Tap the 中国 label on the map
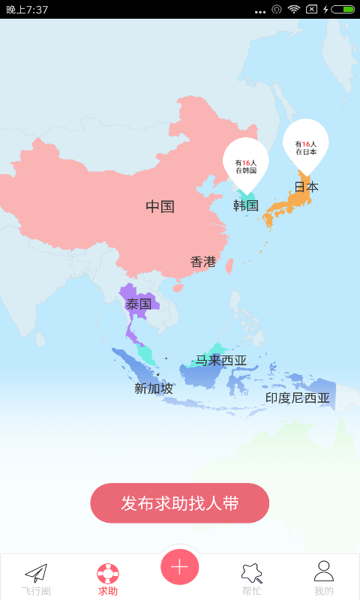[160, 207]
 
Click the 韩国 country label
[245, 205]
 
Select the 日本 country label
[306, 187]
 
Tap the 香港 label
[203, 262]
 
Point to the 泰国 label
[139, 304]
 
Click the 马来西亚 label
[221, 361]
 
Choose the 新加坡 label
[154, 388]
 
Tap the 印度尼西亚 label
[298, 398]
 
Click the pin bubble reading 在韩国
[245, 164]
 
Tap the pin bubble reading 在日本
[305, 145]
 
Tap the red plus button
[179, 567]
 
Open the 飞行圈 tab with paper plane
[36, 578]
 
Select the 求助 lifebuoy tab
[108, 578]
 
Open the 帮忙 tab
[251, 578]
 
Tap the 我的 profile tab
[323, 578]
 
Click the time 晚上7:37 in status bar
[27, 10]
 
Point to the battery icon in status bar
[343, 10]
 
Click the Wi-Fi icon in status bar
[293, 10]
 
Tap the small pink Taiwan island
[229, 265]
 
